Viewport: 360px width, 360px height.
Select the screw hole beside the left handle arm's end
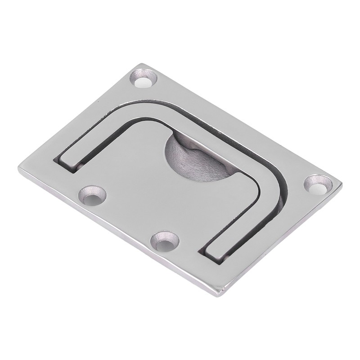94,194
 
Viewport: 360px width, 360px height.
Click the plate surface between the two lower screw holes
128,220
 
